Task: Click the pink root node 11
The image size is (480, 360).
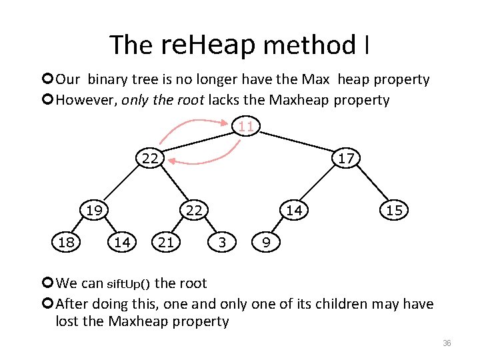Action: coord(246,126)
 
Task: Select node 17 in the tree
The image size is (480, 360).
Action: coord(345,159)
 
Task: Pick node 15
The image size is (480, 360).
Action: coord(394,211)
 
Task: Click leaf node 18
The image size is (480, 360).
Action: coord(66,242)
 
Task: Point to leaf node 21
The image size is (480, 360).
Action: coord(166,242)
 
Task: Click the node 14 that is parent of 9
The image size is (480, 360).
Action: coord(294,211)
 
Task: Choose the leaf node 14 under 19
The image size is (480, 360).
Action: coord(122,242)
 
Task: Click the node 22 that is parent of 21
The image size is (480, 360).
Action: coord(194,211)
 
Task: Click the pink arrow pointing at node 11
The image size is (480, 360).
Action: coord(227,122)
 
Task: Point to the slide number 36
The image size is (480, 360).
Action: coord(447,343)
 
